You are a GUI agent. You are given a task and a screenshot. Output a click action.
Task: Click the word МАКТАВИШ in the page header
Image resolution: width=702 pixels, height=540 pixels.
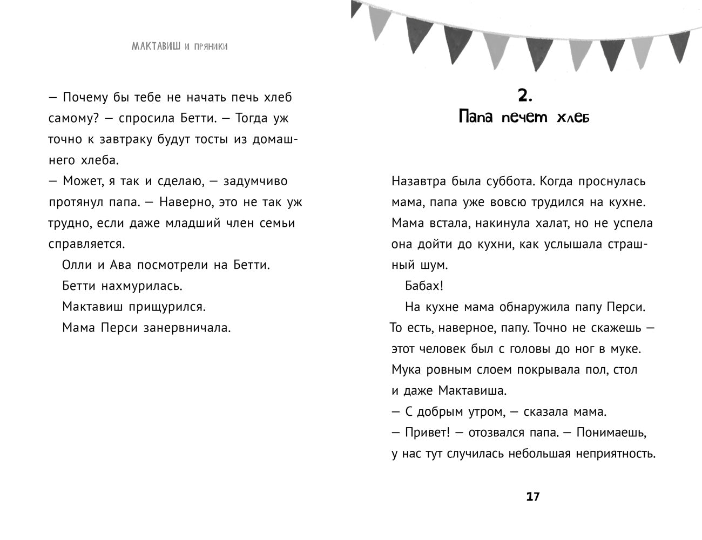coord(156,46)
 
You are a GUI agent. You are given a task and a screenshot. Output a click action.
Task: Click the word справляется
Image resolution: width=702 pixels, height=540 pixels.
coord(86,244)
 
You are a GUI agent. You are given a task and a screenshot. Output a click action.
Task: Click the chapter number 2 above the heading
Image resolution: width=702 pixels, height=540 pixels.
coord(524,96)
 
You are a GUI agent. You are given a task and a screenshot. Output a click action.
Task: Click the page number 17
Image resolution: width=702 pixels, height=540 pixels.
coord(532,497)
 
